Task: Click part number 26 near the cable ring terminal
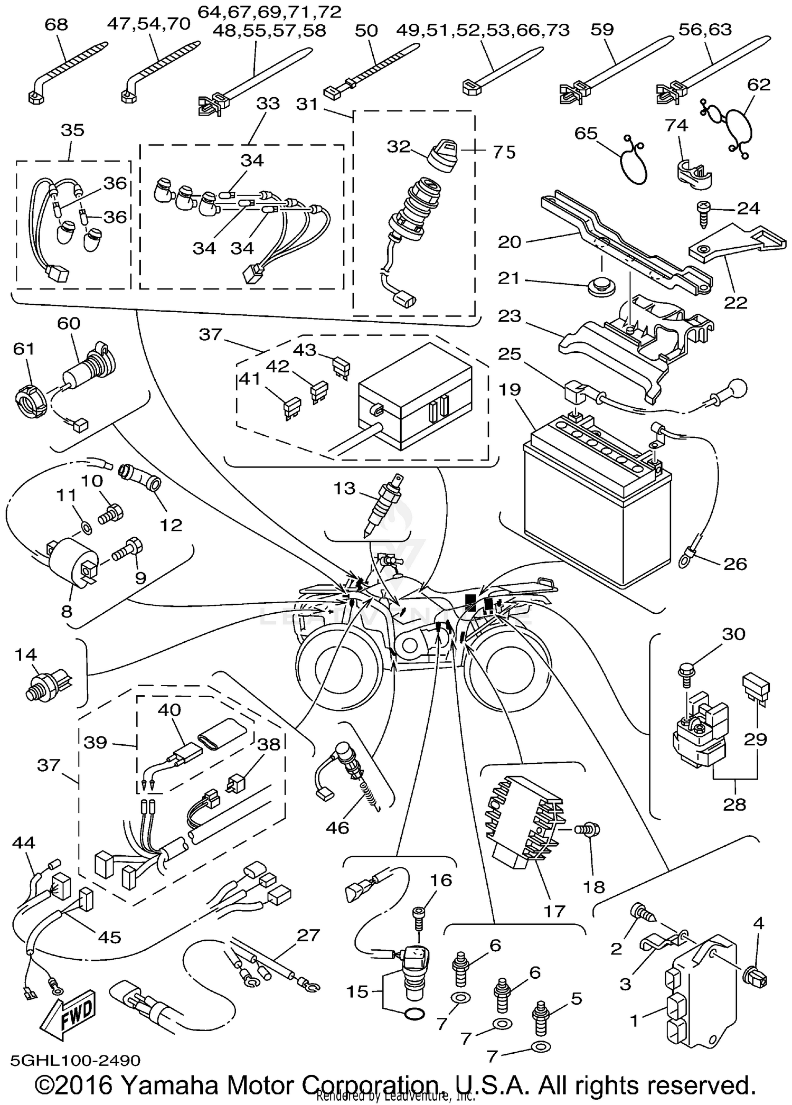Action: (x=734, y=564)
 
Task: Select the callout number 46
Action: (x=337, y=827)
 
